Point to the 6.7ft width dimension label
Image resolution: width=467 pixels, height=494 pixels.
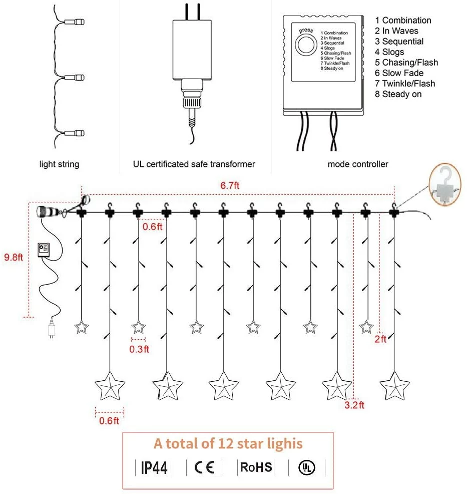point(230,185)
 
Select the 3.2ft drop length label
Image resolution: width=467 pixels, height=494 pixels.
point(355,404)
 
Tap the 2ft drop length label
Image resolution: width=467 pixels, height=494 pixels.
point(380,339)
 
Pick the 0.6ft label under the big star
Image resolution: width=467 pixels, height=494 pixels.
point(109,420)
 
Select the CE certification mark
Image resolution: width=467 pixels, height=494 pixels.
point(204,467)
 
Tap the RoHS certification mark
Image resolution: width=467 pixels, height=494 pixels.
point(256,467)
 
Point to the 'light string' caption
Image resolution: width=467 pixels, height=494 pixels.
point(59,164)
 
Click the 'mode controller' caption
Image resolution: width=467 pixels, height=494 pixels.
point(357,164)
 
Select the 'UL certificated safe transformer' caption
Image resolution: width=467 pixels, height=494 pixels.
point(194,164)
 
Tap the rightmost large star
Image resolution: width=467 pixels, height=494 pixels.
point(393,387)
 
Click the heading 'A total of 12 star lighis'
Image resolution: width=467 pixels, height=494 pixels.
point(228,443)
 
